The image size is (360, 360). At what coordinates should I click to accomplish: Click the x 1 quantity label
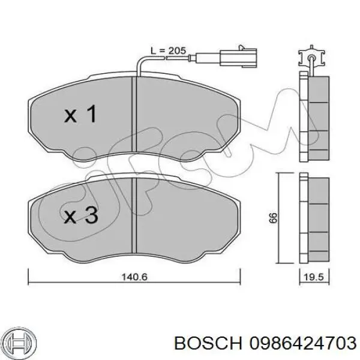pyautogui.click(x=80, y=113)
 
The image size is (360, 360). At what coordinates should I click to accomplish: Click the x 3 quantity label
pyautogui.click(x=81, y=215)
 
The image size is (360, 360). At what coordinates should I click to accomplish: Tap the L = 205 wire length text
pyautogui.click(x=168, y=50)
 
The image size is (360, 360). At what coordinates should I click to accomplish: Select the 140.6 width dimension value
pyautogui.click(x=134, y=277)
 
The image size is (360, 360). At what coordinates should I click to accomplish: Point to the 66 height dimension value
pyautogui.click(x=274, y=218)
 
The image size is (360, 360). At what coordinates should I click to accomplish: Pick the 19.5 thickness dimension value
pyautogui.click(x=314, y=277)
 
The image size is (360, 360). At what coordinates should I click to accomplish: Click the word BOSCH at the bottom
pyautogui.click(x=208, y=343)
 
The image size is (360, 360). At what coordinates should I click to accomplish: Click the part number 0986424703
pyautogui.click(x=303, y=343)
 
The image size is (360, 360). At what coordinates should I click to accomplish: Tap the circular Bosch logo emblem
pyautogui.click(x=20, y=343)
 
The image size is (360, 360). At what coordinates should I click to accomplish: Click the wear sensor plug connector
pyautogui.click(x=238, y=58)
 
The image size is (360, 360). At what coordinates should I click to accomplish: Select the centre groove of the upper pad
pyautogui.click(x=134, y=114)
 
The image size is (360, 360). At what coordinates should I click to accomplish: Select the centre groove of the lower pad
pyautogui.click(x=134, y=215)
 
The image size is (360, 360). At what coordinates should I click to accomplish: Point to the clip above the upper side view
pyautogui.click(x=311, y=56)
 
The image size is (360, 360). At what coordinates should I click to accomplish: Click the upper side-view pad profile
pyautogui.click(x=314, y=116)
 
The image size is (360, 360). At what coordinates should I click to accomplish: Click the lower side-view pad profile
pyautogui.click(x=314, y=218)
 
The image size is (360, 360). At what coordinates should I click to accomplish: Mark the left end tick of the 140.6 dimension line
pyautogui.click(x=28, y=277)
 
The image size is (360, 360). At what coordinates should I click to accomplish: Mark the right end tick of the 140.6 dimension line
pyautogui.click(x=240, y=277)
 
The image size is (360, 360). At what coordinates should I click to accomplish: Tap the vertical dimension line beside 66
pyautogui.click(x=278, y=218)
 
